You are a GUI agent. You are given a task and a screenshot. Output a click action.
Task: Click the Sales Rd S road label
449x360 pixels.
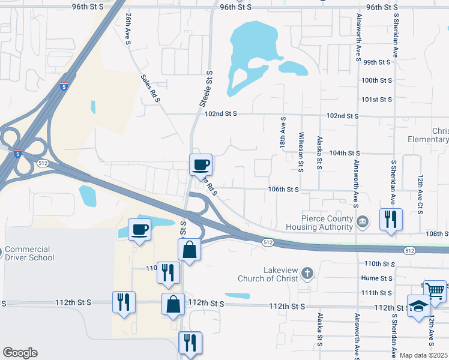click(x=149, y=88)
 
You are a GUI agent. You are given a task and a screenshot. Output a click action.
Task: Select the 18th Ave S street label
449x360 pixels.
click(x=283, y=134)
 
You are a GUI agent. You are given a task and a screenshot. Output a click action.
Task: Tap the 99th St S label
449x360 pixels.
click(x=377, y=62)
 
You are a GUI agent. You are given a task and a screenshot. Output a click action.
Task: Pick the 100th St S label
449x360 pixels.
click(x=376, y=80)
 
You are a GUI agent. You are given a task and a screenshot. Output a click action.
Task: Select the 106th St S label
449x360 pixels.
click(x=283, y=189)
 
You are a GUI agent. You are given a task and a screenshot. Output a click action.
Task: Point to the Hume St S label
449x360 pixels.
click(x=377, y=278)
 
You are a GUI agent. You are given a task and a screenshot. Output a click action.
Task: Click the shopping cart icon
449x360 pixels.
click(x=435, y=291)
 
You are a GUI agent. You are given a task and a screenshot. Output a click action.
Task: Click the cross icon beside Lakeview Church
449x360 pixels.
click(x=307, y=274)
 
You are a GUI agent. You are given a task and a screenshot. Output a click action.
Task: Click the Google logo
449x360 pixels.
click(x=20, y=353)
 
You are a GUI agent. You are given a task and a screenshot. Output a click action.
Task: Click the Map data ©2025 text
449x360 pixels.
click(x=423, y=355)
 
